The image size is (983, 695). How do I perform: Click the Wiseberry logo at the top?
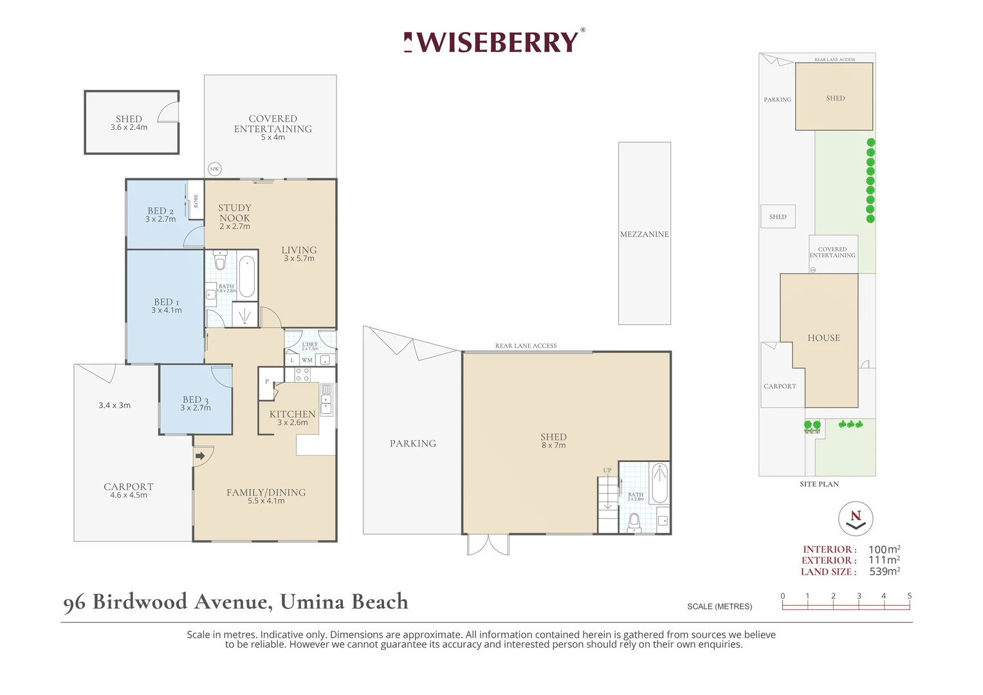pos(493,42)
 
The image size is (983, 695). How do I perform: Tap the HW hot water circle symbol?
pos(215,169)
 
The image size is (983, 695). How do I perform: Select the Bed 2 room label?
pos(160,211)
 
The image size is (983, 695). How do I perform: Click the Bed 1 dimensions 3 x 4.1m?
pos(167,310)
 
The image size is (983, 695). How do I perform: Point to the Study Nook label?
pos(234,213)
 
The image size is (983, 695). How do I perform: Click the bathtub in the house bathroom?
pos(246,277)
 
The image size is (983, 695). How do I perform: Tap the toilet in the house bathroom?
pos(219,261)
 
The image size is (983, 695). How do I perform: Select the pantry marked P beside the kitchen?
pos(267,382)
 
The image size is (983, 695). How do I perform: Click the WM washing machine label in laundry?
pos(307,360)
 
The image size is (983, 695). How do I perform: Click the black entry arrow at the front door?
pos(200,456)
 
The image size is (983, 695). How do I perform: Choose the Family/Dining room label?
pos(266,492)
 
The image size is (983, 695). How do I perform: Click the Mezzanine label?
pos(644,234)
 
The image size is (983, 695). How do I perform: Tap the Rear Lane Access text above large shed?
pos(526,346)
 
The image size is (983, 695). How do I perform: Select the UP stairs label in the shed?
pos(607,470)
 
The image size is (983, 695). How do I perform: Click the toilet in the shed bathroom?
pos(634,523)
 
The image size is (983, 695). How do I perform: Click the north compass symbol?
pos(856,519)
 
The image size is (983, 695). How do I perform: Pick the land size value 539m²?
pos(885,571)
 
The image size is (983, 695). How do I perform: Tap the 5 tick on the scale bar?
pos(909,596)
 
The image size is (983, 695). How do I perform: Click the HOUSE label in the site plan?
pos(823,338)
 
